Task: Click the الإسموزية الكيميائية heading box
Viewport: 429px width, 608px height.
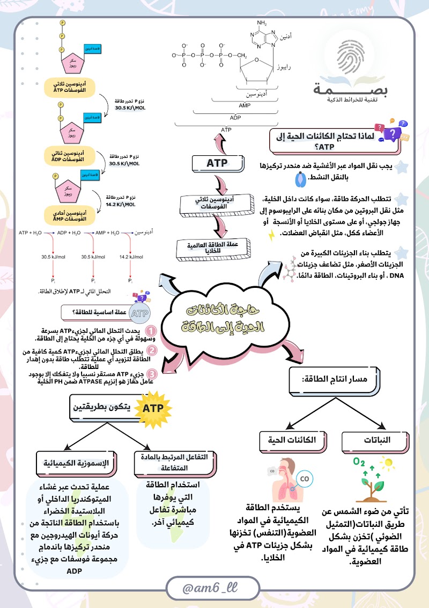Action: click(76, 462)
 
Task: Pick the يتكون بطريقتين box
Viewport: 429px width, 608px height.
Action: click(106, 409)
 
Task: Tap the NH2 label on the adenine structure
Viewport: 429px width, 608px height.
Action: click(262, 23)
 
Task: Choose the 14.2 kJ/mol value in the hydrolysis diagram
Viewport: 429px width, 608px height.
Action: click(124, 257)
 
